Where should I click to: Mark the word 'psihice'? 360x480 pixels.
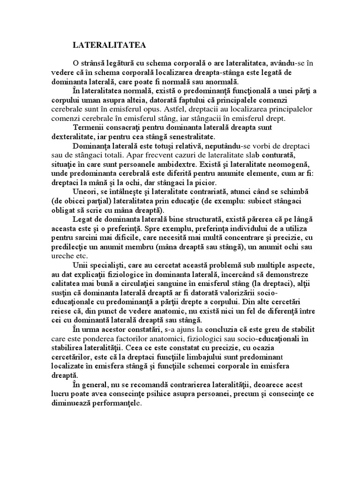point(159,394)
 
